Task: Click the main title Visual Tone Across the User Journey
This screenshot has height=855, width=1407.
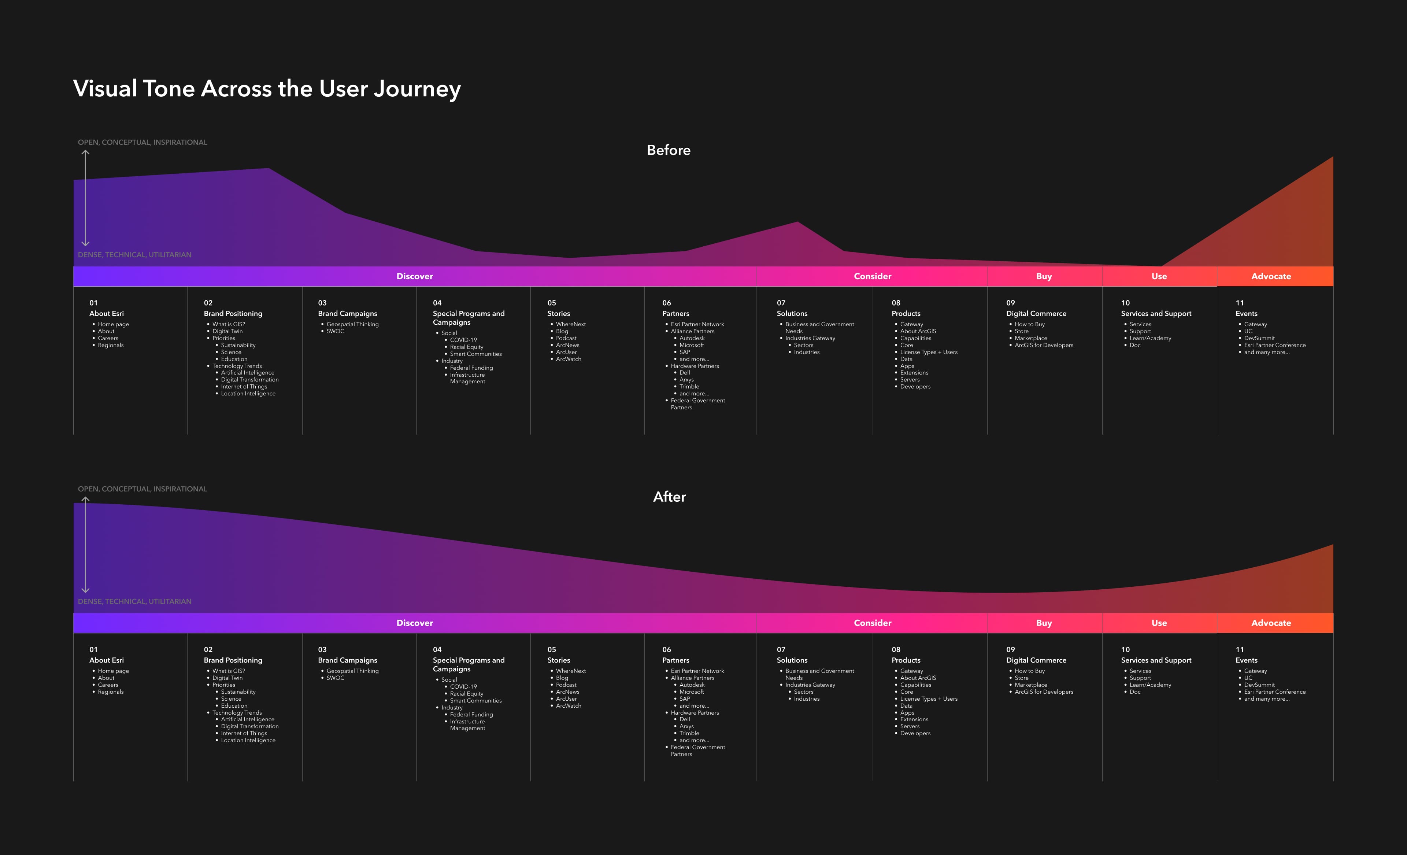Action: tap(267, 89)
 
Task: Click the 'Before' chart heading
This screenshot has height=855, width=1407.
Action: tap(668, 150)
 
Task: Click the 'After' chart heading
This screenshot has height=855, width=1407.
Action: tap(669, 497)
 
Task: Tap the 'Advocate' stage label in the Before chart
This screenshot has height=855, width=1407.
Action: tap(1270, 276)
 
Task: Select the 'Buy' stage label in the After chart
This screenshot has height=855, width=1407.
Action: tap(1043, 623)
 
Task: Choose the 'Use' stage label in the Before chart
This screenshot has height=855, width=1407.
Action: tap(1159, 276)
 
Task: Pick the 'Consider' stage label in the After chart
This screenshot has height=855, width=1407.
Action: tap(872, 623)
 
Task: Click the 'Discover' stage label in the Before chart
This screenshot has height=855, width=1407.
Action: tap(415, 276)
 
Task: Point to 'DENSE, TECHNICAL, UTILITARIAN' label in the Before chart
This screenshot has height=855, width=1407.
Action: tap(135, 255)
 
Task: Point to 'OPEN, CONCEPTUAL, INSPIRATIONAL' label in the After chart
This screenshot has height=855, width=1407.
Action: tap(142, 489)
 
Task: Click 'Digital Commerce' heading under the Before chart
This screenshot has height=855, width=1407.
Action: tap(1036, 314)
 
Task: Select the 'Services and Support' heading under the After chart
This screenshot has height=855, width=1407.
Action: tap(1156, 660)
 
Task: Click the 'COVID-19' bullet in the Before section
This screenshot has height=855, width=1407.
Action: tap(463, 340)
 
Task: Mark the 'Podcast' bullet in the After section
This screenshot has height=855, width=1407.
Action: tap(566, 685)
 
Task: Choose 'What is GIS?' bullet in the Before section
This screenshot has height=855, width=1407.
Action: tap(229, 324)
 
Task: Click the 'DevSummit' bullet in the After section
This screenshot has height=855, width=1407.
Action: tap(1259, 685)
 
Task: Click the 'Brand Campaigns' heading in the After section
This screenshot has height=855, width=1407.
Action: tap(347, 660)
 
